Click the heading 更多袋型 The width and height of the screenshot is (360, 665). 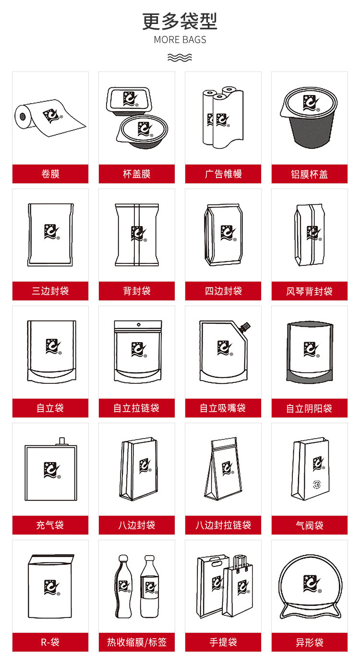coord(180,21)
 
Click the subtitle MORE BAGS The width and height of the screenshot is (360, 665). coord(180,40)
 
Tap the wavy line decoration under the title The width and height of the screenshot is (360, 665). coord(180,58)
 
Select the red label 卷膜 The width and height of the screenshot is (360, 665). coord(50,174)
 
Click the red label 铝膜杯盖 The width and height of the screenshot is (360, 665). coord(310,174)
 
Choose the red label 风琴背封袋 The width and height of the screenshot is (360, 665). coord(310,291)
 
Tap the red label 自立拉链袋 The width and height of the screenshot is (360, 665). coord(137,408)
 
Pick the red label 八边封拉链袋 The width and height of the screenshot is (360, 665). coord(223,525)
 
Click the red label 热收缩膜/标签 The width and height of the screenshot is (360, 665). coord(137,642)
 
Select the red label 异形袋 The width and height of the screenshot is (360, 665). coord(310,642)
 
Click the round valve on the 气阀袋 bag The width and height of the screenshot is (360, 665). coord(316,484)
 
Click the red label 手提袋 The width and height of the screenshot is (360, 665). coord(223,642)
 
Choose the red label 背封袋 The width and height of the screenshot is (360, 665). coord(137,291)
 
